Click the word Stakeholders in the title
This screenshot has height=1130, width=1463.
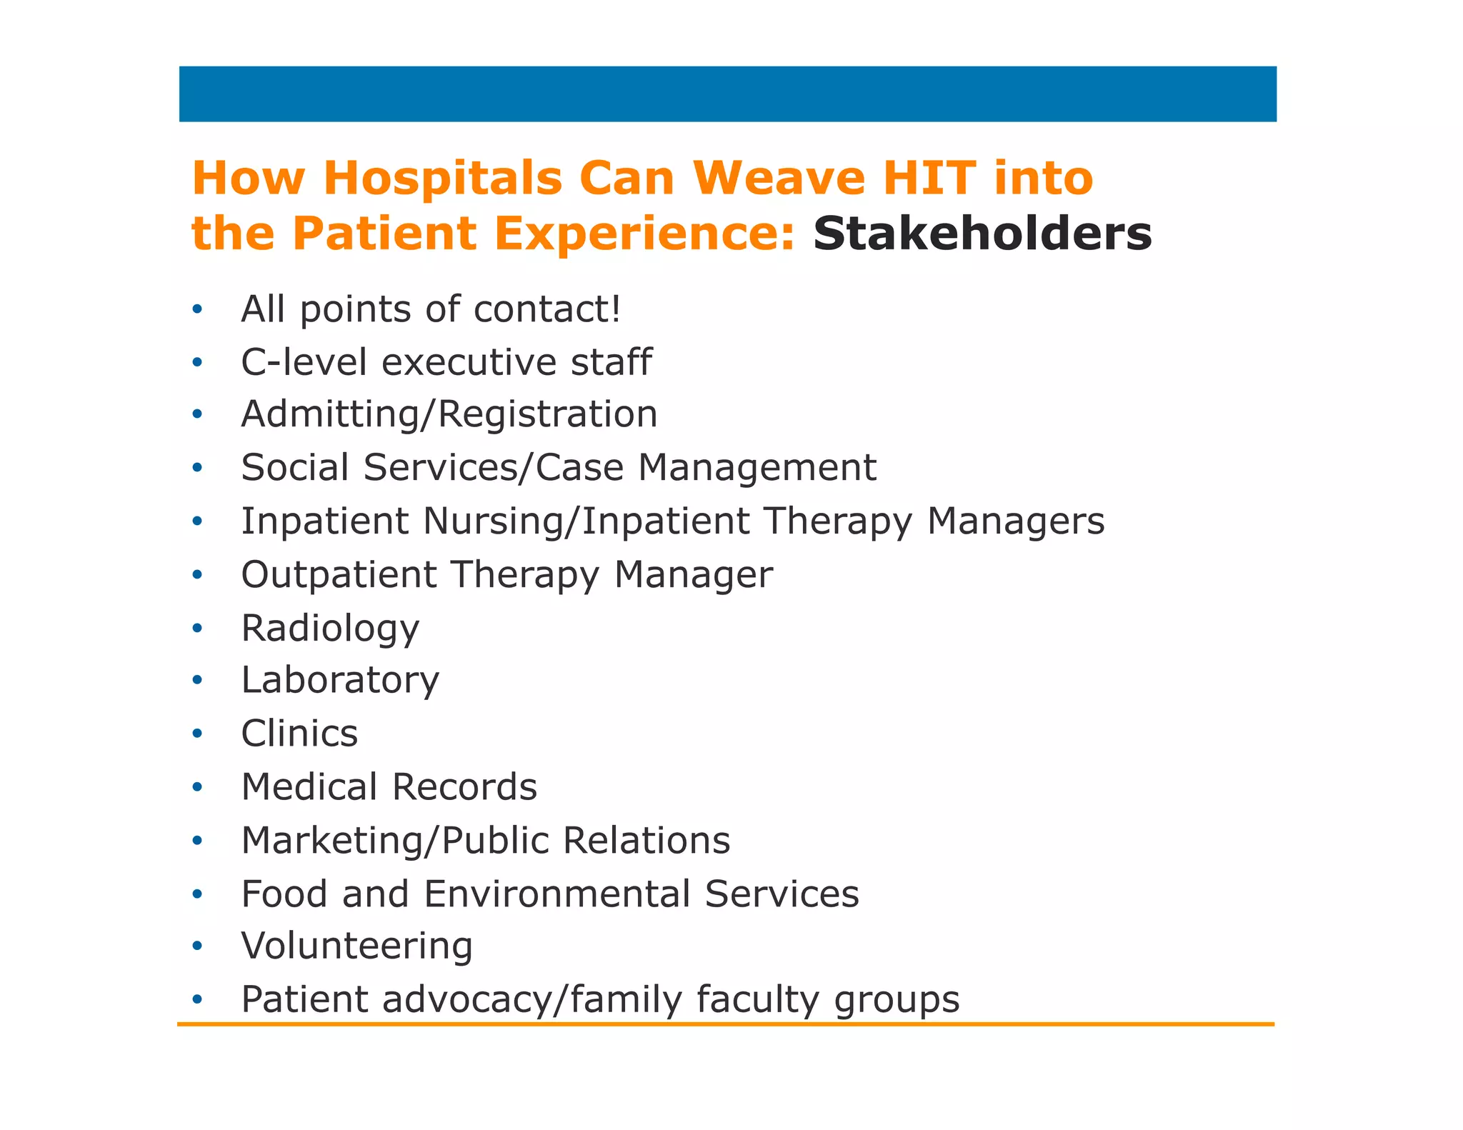(x=982, y=234)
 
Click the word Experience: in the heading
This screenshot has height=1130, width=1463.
(x=644, y=234)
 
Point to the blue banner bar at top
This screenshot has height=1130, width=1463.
(x=727, y=94)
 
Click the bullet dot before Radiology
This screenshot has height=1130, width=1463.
(x=198, y=629)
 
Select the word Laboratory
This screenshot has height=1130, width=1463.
(x=340, y=680)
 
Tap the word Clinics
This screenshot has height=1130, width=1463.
(x=299, y=734)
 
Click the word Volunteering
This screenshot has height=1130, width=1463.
(x=356, y=946)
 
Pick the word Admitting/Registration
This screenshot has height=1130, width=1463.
(x=449, y=414)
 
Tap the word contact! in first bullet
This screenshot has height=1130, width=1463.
(x=547, y=309)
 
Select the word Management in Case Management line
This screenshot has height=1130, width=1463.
(x=757, y=468)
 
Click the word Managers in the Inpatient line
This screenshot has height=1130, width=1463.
(x=1015, y=521)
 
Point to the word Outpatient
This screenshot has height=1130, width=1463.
(x=339, y=574)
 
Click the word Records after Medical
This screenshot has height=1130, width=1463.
(x=464, y=787)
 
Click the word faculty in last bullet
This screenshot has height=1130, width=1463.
(x=758, y=999)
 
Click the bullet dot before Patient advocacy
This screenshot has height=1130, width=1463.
(x=198, y=999)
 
